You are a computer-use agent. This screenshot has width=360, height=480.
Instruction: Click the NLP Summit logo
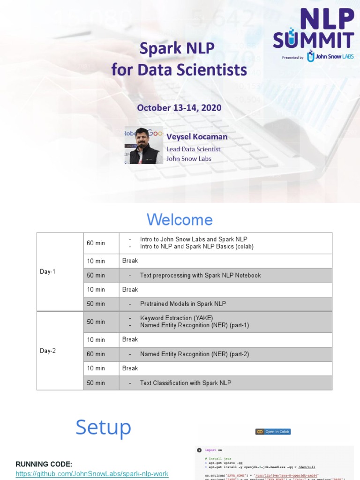click(x=313, y=35)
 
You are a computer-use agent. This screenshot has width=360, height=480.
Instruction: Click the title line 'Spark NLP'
click(x=179, y=48)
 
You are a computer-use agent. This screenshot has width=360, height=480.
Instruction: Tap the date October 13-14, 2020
click(x=179, y=108)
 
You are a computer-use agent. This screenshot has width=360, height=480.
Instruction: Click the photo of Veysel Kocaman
click(x=143, y=145)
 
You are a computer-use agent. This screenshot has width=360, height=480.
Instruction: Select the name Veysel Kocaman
click(x=197, y=137)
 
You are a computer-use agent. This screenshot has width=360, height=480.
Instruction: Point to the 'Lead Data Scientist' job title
click(x=193, y=149)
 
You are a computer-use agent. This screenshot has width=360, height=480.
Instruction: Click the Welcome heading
click(x=180, y=220)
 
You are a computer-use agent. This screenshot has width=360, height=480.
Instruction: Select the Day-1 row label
click(x=48, y=271)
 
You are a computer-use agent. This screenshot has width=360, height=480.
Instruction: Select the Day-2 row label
click(x=48, y=351)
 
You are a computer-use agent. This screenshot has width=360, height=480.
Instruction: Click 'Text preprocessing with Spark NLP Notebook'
click(x=200, y=275)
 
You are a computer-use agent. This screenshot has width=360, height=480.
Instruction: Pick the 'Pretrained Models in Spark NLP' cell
click(x=183, y=304)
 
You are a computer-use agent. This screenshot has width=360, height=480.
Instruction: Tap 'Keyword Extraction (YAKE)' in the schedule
click(x=180, y=318)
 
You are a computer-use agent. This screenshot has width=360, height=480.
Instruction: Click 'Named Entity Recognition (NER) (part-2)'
click(x=195, y=354)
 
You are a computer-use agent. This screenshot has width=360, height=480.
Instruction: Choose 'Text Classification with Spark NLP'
click(x=186, y=383)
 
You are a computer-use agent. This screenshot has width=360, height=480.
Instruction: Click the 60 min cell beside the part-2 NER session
click(x=96, y=354)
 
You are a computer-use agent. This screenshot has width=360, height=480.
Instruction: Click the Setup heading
click(x=103, y=427)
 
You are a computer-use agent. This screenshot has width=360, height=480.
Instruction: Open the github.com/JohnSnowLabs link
click(x=92, y=474)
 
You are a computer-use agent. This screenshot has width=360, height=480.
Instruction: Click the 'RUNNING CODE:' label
click(x=44, y=464)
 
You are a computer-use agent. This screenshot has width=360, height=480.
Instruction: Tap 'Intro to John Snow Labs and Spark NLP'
click(x=194, y=239)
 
